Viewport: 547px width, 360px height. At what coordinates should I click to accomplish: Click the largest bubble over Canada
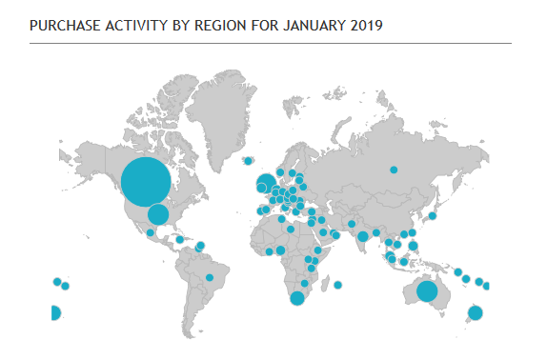point(147,181)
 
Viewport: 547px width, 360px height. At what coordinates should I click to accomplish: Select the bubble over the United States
point(158,214)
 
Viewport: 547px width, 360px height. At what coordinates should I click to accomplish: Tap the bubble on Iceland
point(248,161)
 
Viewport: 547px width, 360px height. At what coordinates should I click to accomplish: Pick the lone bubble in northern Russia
point(393,170)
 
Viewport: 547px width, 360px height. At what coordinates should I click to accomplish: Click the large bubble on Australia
point(427,291)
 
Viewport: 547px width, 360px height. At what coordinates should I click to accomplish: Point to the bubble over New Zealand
point(475,313)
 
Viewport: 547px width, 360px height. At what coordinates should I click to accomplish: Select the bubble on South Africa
point(297,299)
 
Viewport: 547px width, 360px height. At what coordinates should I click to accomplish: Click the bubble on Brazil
point(210,277)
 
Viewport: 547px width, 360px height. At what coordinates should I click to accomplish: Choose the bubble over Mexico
point(151,231)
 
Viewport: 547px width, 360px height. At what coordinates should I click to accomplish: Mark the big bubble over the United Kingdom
point(266,183)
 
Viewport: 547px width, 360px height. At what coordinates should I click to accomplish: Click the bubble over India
point(362,236)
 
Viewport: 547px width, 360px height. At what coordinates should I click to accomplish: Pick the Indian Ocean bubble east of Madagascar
point(338,285)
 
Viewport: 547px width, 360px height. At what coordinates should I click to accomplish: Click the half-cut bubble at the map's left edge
point(54,312)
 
